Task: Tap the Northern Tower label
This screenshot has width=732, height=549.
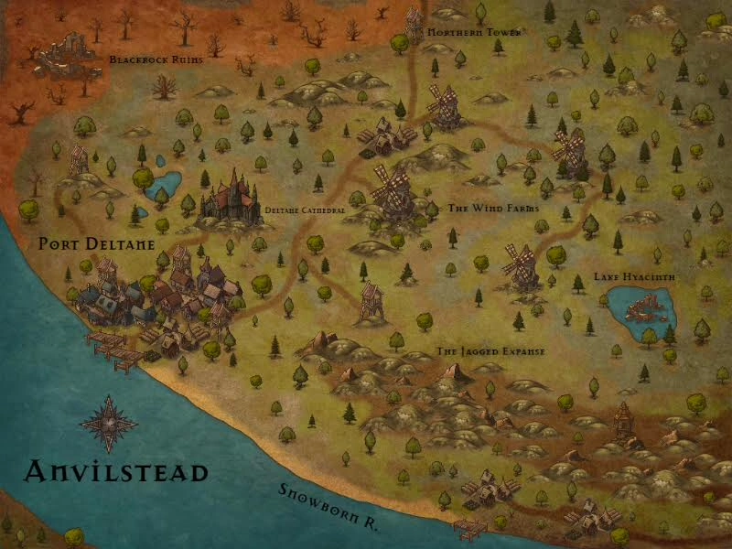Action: coord(474,33)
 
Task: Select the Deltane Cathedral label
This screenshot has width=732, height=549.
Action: coord(305,210)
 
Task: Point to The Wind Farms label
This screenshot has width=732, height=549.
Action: coord(493,209)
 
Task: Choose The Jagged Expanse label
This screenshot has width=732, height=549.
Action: coord(490,351)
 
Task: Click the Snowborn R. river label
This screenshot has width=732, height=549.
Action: coord(329,506)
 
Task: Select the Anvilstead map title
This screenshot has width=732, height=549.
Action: coord(116,472)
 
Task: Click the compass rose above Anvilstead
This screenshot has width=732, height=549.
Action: coord(108,423)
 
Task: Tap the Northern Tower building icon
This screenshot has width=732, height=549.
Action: coord(413,23)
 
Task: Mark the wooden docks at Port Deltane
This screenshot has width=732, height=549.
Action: coord(112,348)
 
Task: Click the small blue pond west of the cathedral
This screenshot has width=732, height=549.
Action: coord(164,186)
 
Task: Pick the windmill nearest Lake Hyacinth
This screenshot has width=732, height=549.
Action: coord(522,265)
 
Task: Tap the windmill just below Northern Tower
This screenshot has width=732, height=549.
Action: coord(444,105)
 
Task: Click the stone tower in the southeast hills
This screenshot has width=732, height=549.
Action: coord(624,423)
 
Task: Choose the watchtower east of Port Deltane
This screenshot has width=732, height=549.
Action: coord(371,301)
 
